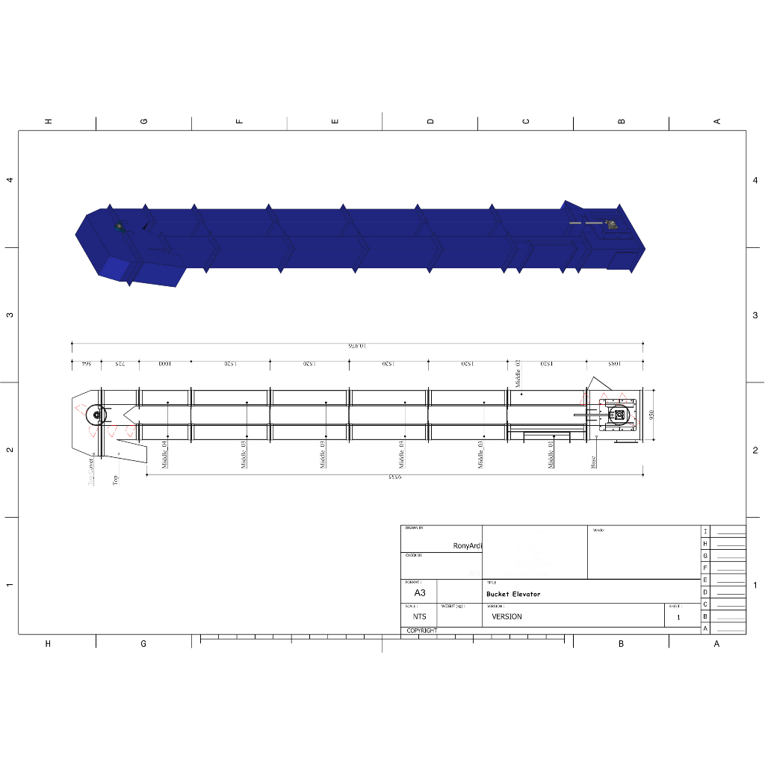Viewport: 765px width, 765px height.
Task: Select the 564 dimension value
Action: coord(86,364)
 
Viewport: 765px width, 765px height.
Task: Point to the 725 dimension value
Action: coord(120,364)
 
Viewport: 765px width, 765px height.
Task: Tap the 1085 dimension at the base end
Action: coord(613,364)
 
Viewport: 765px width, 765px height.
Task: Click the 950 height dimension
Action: coord(651,415)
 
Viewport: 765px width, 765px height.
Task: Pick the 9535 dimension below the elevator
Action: coord(395,477)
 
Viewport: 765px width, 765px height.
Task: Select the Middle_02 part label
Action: coord(517,373)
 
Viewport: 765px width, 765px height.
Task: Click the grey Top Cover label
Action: coord(92,472)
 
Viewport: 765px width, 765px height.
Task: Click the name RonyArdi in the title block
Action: coord(468,546)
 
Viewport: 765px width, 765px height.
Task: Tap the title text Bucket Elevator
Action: coord(512,595)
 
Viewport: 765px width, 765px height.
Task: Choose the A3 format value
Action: coord(420,592)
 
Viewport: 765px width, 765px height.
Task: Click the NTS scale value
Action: coord(419,617)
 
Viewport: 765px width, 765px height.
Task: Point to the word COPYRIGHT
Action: coord(421,631)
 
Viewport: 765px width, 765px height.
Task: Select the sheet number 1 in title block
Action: coord(678,618)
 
